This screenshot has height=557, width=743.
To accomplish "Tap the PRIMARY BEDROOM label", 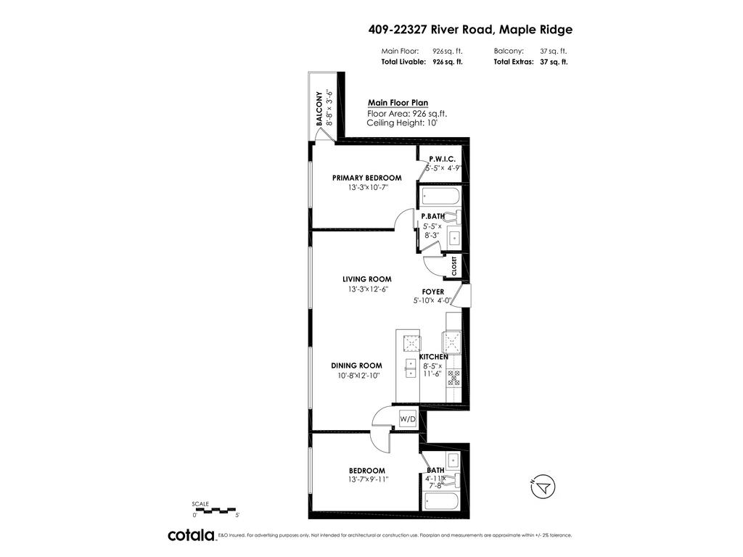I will point(366,178).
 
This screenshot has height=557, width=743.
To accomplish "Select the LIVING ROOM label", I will point(367,279).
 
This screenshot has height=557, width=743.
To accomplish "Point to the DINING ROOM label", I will point(356,366).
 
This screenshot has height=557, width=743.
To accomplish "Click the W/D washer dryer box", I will point(408,418).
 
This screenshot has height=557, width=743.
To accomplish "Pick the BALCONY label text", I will point(319,109).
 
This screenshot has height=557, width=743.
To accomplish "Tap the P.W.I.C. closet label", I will point(441,159).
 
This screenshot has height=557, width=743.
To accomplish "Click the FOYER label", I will point(433,292).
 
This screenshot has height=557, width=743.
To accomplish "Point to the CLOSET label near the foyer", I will point(454,266).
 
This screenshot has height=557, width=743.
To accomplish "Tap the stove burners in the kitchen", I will point(454,376).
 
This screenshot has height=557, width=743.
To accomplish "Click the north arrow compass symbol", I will point(541,488).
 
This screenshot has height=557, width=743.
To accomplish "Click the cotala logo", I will point(192,535).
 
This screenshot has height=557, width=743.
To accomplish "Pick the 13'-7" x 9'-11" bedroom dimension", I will point(367,479).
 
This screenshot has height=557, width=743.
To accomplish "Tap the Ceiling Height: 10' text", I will point(402,123).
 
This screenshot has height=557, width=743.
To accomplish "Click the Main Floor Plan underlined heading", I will point(393,103).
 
